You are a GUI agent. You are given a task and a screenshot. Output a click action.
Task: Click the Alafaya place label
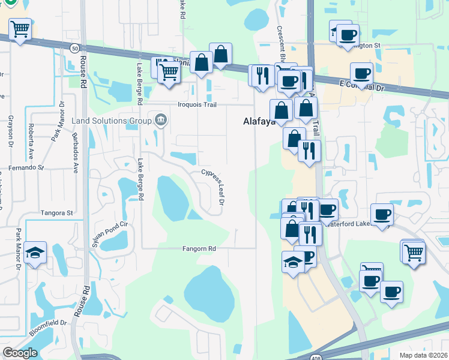click(x=259, y=121)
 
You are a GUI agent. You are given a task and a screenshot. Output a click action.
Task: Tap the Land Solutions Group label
click(x=112, y=121)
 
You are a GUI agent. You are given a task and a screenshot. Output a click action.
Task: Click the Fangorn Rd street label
click(x=199, y=248)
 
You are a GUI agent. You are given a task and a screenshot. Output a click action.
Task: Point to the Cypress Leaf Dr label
click(x=212, y=187)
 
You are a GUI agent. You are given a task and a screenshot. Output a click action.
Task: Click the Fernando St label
click(x=26, y=168)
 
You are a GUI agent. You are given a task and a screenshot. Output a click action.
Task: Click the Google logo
click(x=20, y=353)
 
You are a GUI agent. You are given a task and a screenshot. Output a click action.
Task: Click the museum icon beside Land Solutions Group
click(x=160, y=120)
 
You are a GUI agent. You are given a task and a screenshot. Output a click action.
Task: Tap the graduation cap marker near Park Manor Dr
click(x=35, y=254)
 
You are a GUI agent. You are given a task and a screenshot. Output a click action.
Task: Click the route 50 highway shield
click(x=74, y=47)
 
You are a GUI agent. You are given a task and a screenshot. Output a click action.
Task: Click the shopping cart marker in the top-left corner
click(x=20, y=29)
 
